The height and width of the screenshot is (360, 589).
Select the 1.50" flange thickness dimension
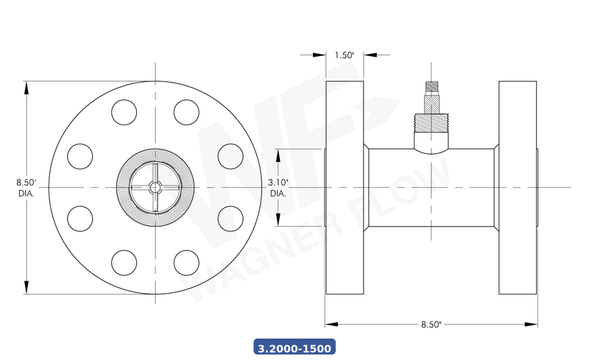click(345, 55)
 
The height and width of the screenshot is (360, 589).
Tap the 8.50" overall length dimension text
click(431, 324)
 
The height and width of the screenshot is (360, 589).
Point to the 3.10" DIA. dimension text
click(278, 187)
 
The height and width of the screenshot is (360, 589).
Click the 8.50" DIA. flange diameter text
click(27, 187)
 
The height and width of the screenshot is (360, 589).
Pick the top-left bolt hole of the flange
click(124, 113)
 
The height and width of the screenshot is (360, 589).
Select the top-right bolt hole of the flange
click(186, 113)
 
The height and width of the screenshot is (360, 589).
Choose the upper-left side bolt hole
click(80, 156)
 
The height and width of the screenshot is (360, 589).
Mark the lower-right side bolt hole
click(230, 219)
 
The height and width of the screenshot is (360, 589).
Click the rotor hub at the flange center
click(155, 187)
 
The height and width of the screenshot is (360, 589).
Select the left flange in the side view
click(345, 187)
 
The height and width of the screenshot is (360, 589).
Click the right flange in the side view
click(518, 187)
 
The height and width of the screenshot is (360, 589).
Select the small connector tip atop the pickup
click(431, 87)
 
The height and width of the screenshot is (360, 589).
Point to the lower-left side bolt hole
click(80, 219)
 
